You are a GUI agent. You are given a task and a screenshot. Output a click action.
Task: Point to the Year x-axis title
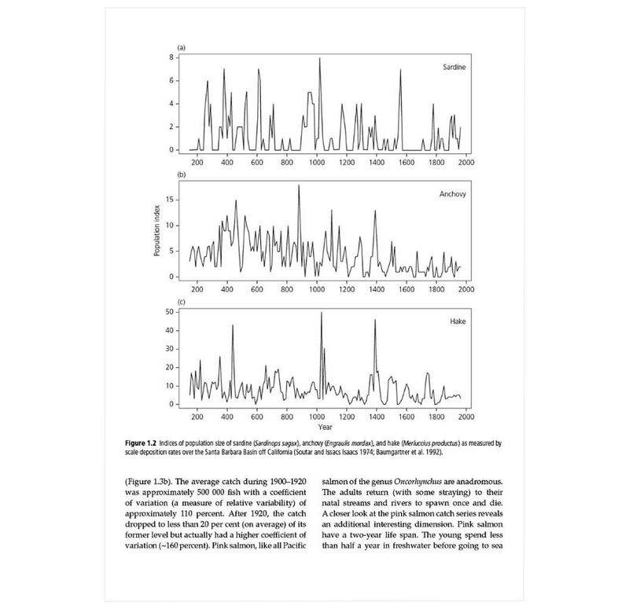point(324,427)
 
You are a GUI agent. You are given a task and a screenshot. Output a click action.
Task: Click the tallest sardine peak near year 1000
point(320,58)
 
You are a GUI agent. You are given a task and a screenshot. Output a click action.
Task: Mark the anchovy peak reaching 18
point(299,186)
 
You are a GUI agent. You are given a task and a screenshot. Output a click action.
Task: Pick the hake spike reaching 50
point(321,313)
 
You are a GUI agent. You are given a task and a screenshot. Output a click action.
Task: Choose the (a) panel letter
point(181,48)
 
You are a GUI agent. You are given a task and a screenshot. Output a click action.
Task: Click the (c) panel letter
point(181,301)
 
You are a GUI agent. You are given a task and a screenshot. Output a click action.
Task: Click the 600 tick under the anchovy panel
point(256,288)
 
